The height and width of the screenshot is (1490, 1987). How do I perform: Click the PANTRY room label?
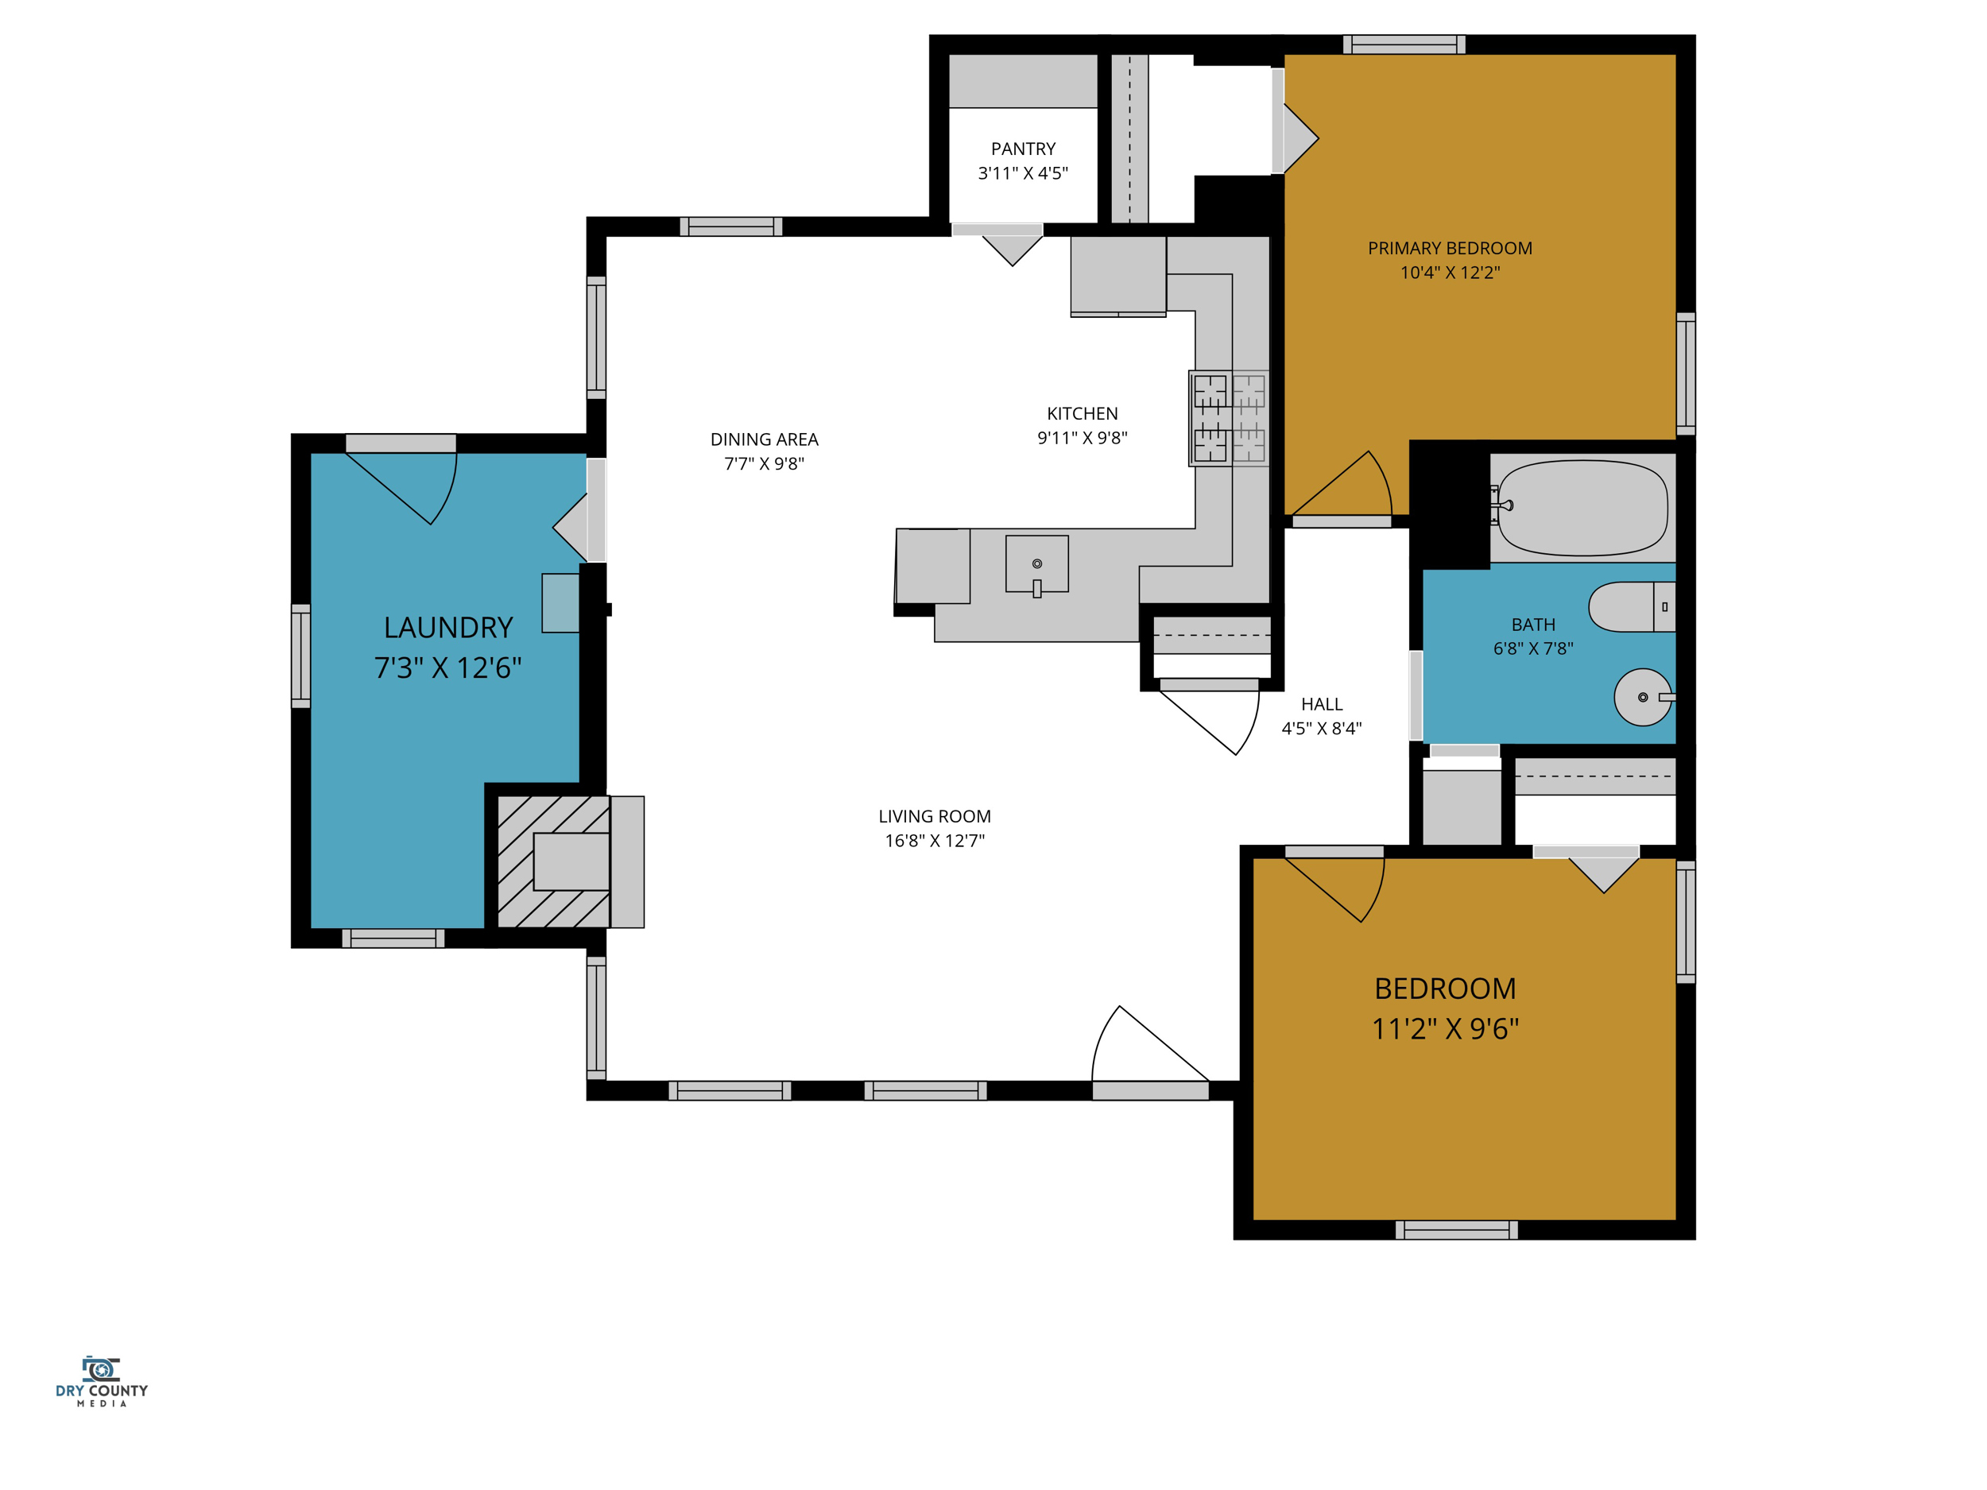(x=1023, y=149)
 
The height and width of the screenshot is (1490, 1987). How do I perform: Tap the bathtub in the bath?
(x=1582, y=509)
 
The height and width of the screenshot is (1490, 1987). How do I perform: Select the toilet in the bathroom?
(x=1631, y=607)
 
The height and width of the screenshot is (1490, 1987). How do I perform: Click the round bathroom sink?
(x=1644, y=697)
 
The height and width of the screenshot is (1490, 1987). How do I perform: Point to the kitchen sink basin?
(x=1036, y=565)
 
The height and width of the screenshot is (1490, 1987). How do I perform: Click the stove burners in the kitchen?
(x=1229, y=419)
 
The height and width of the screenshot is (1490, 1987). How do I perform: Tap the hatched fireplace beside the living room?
(x=553, y=861)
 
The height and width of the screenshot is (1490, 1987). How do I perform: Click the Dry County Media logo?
(x=102, y=1381)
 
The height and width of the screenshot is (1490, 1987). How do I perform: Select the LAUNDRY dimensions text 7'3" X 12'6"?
(x=447, y=668)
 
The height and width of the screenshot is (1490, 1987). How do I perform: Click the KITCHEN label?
(x=1083, y=414)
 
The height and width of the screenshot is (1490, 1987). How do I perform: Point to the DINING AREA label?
(x=765, y=439)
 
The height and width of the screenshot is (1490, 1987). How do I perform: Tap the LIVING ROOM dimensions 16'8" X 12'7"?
(x=935, y=841)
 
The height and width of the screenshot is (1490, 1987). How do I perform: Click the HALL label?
(x=1322, y=704)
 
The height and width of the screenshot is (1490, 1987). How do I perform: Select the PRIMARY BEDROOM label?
(x=1450, y=249)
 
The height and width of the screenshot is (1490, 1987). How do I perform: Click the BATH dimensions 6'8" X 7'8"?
(x=1533, y=648)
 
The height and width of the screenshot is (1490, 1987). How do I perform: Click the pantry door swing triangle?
(x=1013, y=250)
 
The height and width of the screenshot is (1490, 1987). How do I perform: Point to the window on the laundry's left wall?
(x=301, y=656)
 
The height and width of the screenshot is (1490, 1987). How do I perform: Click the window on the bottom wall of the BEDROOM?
(x=1456, y=1230)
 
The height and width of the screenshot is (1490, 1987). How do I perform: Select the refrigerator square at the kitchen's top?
(x=1118, y=277)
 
